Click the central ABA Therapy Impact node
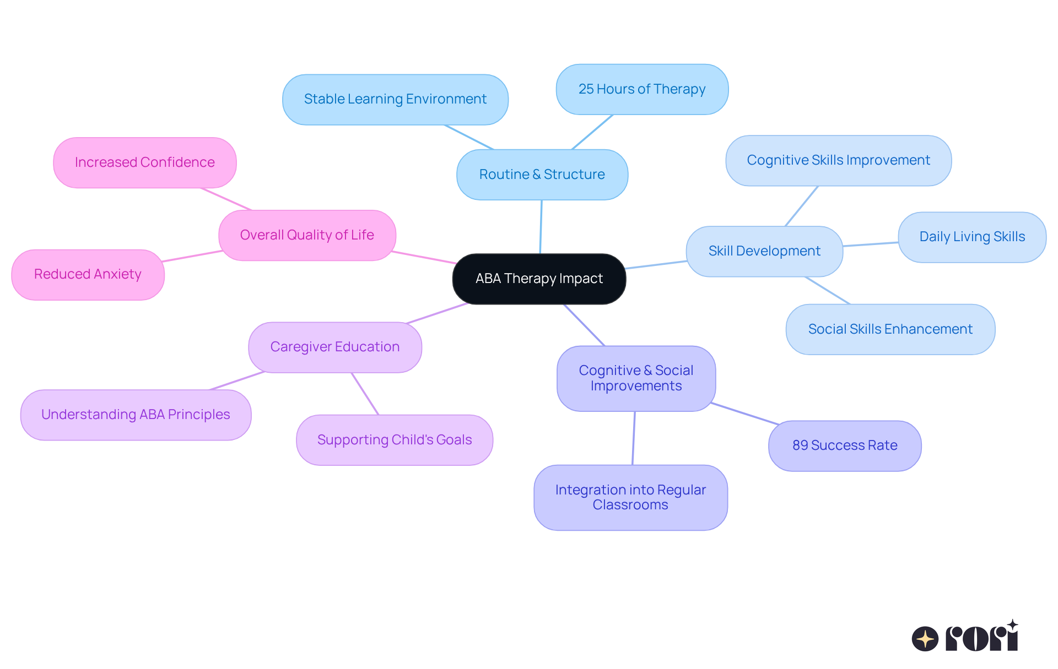tap(539, 279)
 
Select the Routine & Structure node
tap(542, 175)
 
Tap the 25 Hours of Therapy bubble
tap(642, 89)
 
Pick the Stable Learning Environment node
tap(395, 99)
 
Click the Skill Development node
tap(764, 251)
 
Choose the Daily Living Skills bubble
tap(972, 237)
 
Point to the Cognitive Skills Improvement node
tap(838, 160)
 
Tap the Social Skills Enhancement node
tap(890, 329)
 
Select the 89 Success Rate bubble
tap(845, 445)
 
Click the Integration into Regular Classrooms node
tap(630, 497)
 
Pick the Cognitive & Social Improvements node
tap(636, 378)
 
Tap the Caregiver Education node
tap(335, 347)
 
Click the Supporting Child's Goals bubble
tap(395, 440)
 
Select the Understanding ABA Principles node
tap(136, 415)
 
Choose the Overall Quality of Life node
tap(307, 235)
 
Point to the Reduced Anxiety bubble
tap(88, 274)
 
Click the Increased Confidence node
tap(144, 162)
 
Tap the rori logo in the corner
tap(965, 637)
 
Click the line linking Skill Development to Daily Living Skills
tap(871, 244)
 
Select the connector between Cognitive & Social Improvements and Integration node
tap(634, 438)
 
